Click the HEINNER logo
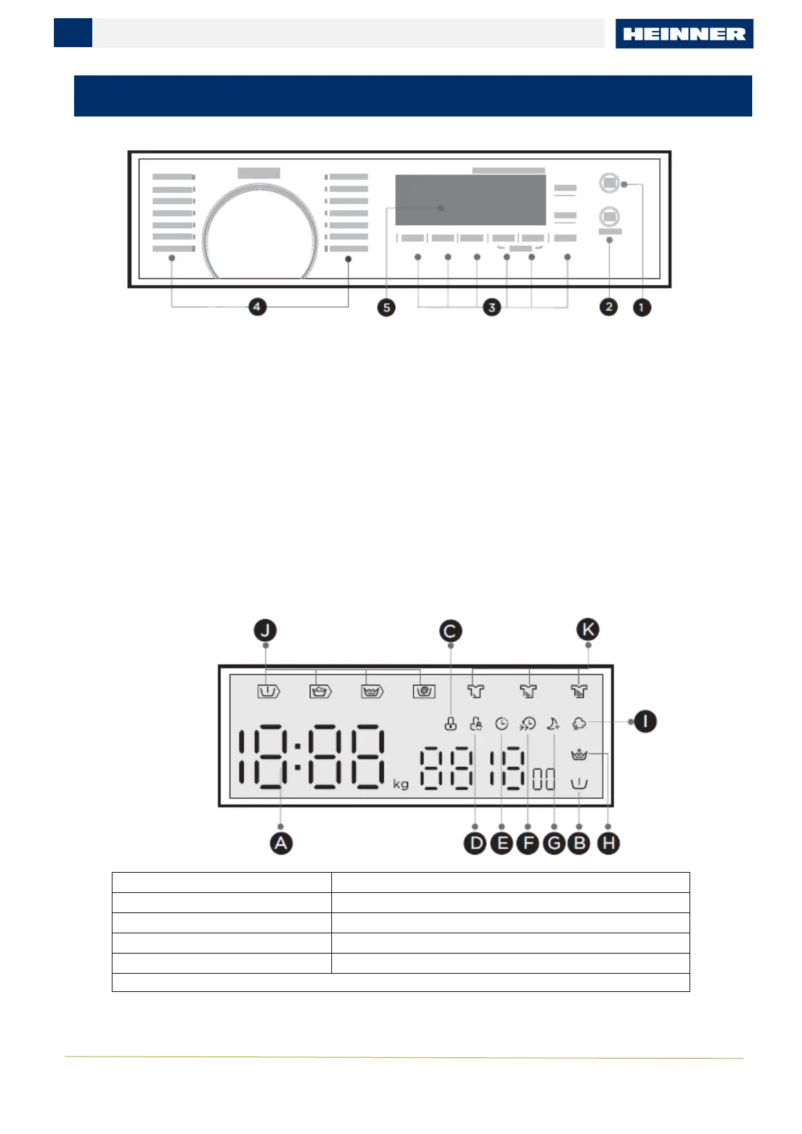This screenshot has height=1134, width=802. pyautogui.click(x=683, y=34)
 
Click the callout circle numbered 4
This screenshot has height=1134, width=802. pyautogui.click(x=257, y=307)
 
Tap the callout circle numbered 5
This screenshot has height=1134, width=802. pyautogui.click(x=386, y=308)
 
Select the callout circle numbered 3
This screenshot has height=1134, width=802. pyautogui.click(x=492, y=308)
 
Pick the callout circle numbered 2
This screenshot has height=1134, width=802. pyautogui.click(x=609, y=307)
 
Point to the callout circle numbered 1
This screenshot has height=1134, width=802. pyautogui.click(x=642, y=308)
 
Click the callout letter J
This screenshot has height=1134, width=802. pyautogui.click(x=265, y=631)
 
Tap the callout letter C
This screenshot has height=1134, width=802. pyautogui.click(x=450, y=632)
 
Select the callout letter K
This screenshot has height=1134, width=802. pyautogui.click(x=588, y=630)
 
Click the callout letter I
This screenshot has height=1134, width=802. pyautogui.click(x=645, y=722)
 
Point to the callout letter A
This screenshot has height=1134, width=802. pyautogui.click(x=281, y=843)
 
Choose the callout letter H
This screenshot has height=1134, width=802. pyautogui.click(x=608, y=843)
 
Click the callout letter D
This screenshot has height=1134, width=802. pyautogui.click(x=475, y=843)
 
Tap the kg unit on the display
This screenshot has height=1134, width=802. pyautogui.click(x=401, y=784)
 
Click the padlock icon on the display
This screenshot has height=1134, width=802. pyautogui.click(x=450, y=724)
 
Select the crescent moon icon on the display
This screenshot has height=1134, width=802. pyautogui.click(x=553, y=724)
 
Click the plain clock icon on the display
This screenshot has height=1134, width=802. pyautogui.click(x=502, y=724)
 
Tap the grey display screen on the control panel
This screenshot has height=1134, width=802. pyautogui.click(x=470, y=200)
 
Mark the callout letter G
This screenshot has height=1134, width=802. pyautogui.click(x=554, y=843)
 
